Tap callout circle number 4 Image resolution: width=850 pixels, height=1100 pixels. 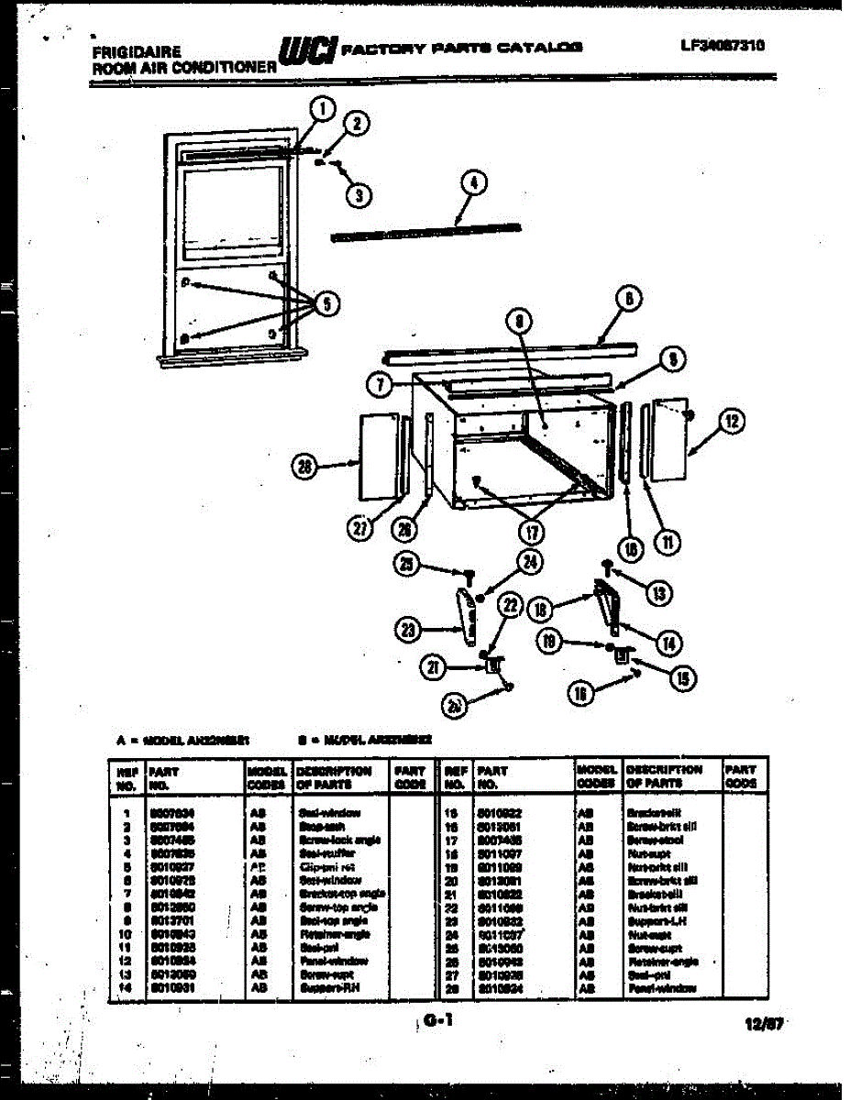(472, 183)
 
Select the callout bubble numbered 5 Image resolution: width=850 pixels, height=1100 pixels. (322, 304)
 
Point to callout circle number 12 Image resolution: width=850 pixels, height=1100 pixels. (731, 422)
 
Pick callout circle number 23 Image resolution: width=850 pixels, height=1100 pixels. (405, 629)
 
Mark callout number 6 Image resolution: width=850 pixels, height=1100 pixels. (628, 299)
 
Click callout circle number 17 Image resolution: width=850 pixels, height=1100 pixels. (530, 532)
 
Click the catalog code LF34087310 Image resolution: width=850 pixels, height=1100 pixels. (723, 44)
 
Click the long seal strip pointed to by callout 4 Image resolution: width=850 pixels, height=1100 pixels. (426, 231)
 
